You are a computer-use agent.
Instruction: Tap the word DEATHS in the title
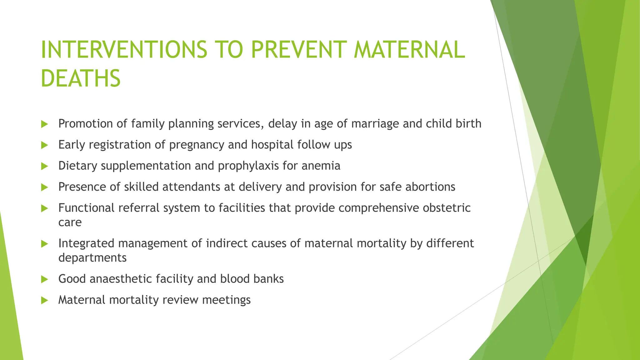[81, 78]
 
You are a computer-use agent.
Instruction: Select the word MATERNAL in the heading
[409, 50]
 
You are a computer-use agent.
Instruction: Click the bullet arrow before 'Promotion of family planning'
[44, 124]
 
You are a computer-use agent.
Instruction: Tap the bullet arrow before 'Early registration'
[44, 145]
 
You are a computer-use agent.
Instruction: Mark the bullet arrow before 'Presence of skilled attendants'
[44, 187]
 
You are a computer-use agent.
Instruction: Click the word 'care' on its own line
[70, 222]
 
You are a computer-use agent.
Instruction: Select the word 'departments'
[92, 258]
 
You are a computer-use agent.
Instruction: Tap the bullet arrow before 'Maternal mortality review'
[44, 301]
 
